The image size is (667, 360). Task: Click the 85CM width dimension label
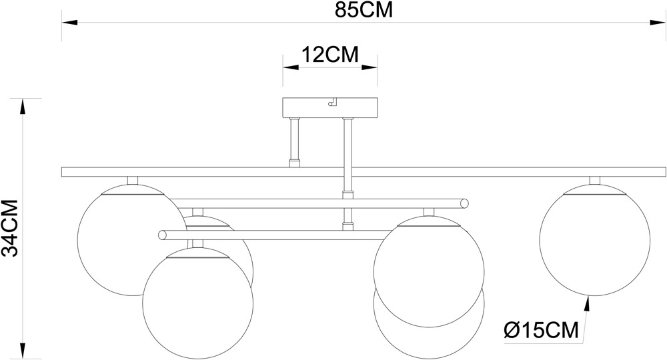point(364,11)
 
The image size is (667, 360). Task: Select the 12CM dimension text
point(330,55)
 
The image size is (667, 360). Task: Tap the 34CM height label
point(10,228)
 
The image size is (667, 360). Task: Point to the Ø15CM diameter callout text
point(541,330)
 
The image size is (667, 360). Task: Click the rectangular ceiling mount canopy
point(330,107)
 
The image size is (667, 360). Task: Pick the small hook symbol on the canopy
point(332,102)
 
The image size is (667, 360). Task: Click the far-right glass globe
point(595,240)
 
